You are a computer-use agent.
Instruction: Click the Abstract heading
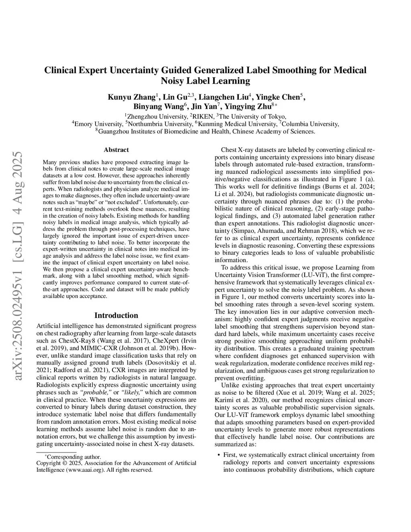(116, 150)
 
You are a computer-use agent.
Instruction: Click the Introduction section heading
(116, 315)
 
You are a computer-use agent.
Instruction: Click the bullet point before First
(218, 455)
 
